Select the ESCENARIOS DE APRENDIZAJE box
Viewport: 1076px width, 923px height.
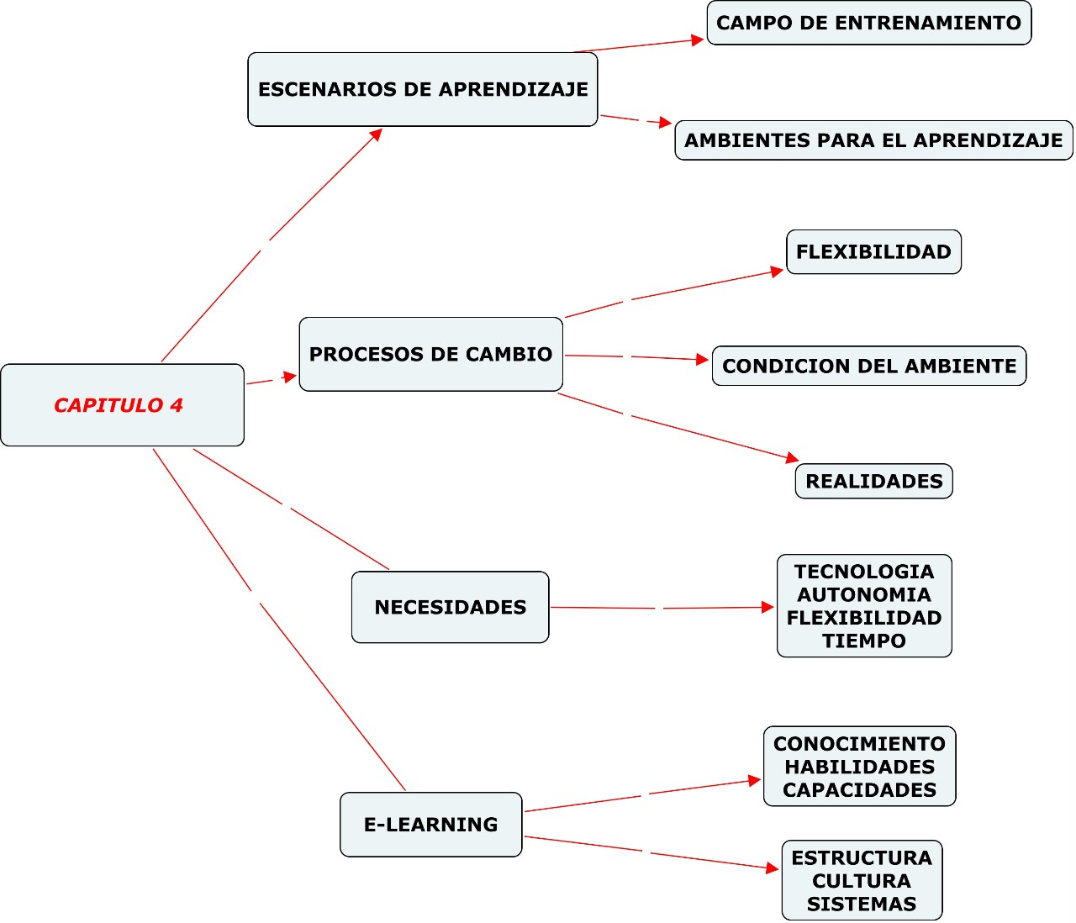point(423,89)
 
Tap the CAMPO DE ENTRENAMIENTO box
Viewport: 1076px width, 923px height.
point(868,23)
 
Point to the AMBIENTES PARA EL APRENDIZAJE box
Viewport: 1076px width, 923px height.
point(873,140)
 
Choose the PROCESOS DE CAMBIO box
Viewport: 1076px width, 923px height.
point(430,354)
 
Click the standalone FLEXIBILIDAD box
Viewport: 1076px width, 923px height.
point(873,252)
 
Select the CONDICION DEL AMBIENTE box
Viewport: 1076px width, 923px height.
point(868,366)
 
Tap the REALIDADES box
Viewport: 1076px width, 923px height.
point(873,481)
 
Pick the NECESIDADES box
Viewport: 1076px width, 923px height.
point(450,607)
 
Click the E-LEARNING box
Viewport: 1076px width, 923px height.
point(430,825)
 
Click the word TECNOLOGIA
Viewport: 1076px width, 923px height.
point(864,572)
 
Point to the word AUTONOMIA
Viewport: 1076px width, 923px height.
point(864,595)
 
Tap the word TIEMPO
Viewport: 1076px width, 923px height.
point(864,641)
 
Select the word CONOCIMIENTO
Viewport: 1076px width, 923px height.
point(859,744)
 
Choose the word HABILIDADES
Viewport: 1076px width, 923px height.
point(859,767)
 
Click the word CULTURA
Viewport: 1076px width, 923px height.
point(862,881)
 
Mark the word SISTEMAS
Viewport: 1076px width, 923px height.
point(862,905)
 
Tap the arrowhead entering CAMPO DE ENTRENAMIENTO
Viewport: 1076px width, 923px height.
point(697,40)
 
